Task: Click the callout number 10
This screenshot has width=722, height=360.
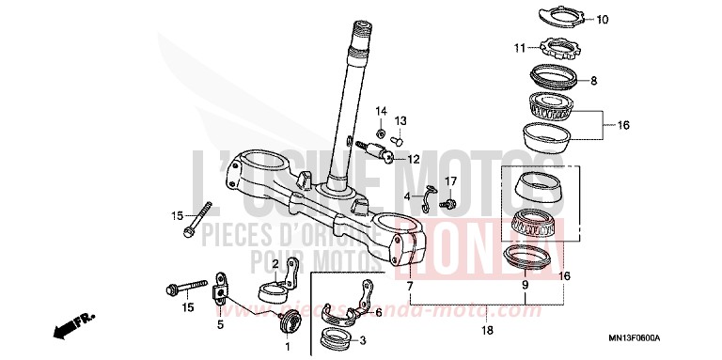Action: click(603, 19)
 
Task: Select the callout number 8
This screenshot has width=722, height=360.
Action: click(593, 82)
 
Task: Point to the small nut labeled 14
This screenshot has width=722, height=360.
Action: click(382, 129)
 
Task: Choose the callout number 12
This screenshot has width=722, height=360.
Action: click(413, 160)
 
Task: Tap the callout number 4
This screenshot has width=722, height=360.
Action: click(408, 196)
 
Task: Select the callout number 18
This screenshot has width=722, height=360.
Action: click(486, 330)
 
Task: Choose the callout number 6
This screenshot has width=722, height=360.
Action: click(379, 313)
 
